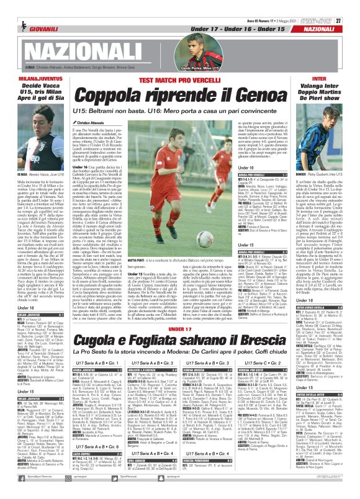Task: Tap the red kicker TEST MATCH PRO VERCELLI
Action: click(x=179, y=81)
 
